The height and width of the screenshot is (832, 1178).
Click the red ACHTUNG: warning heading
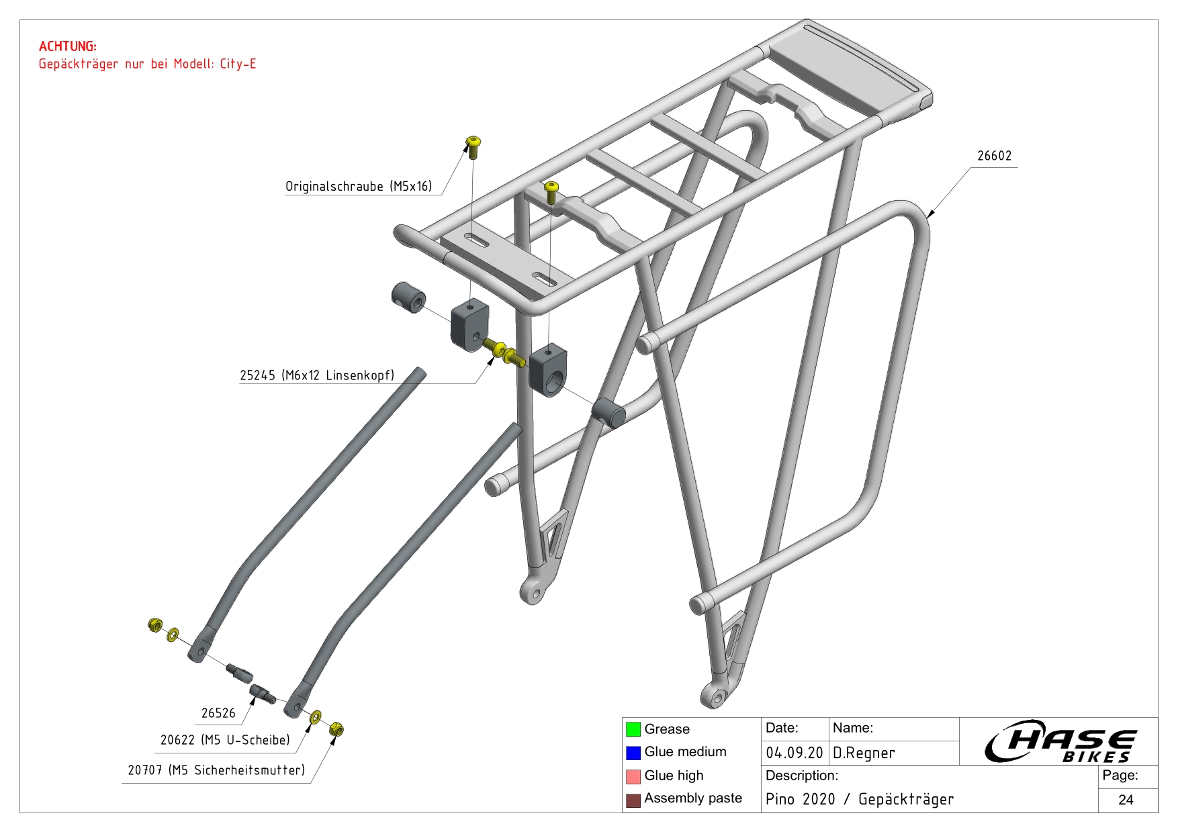coord(67,46)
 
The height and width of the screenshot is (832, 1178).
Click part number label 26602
coord(994,156)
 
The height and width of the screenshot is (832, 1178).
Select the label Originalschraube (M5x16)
coord(359,186)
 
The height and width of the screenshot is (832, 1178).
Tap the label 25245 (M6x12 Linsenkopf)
coord(317,375)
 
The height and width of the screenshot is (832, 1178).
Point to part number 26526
coord(218,713)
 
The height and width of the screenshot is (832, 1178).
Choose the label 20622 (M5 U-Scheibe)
coord(225,740)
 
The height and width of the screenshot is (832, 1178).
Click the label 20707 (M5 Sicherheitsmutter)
coord(216,770)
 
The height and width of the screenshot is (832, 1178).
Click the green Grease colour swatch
coord(633,729)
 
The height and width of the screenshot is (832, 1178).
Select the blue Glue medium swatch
coord(633,753)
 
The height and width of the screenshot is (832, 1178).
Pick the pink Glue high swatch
coord(633,776)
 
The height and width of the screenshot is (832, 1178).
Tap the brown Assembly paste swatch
coord(633,800)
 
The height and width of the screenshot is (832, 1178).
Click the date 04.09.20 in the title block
coord(794,753)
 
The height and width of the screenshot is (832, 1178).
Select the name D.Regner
coord(864,753)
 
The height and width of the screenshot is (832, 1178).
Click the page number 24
coord(1126,800)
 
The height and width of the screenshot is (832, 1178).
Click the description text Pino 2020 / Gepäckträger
coord(859,799)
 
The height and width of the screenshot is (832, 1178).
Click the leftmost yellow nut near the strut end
coord(155,625)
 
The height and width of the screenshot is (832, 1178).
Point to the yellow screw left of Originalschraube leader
coord(473,146)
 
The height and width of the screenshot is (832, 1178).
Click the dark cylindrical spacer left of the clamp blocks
coord(408,297)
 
